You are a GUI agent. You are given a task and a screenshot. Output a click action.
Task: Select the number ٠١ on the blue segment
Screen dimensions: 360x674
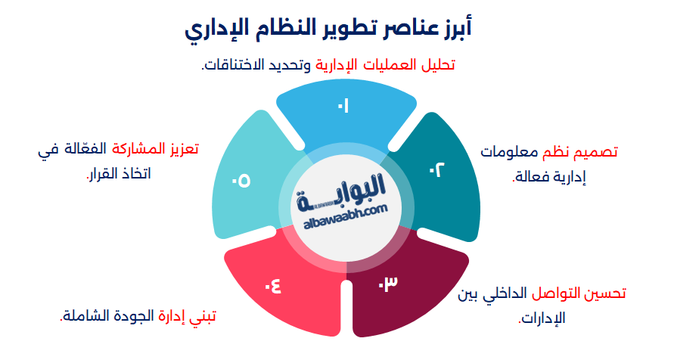[343, 106]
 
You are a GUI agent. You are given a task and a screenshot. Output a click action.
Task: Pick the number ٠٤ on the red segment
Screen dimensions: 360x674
[272, 286]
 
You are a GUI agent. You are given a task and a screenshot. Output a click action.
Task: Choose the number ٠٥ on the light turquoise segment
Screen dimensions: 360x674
[241, 182]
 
